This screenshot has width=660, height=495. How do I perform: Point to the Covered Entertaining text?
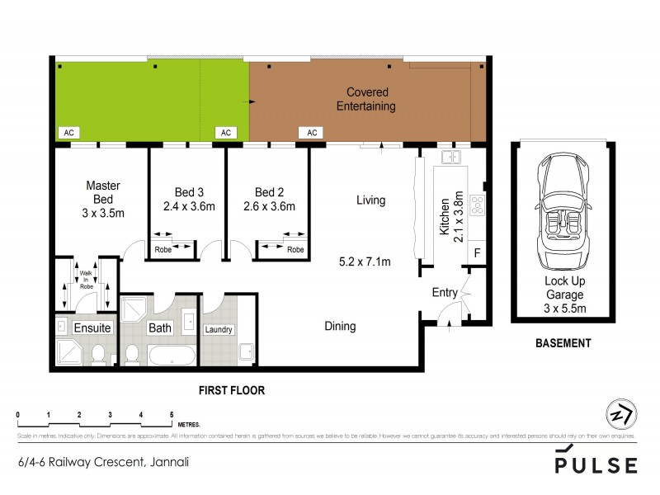[367, 99]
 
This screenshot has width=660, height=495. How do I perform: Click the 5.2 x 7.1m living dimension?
[364, 262]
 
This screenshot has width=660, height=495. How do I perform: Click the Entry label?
[444, 293]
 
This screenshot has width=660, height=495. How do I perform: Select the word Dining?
[340, 326]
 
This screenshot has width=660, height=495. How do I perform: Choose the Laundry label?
[219, 330]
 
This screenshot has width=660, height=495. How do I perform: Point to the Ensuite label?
[92, 328]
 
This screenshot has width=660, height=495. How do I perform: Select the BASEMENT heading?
[564, 343]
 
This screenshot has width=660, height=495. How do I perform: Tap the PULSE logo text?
[596, 464]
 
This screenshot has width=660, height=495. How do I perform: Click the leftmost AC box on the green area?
[67, 132]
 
